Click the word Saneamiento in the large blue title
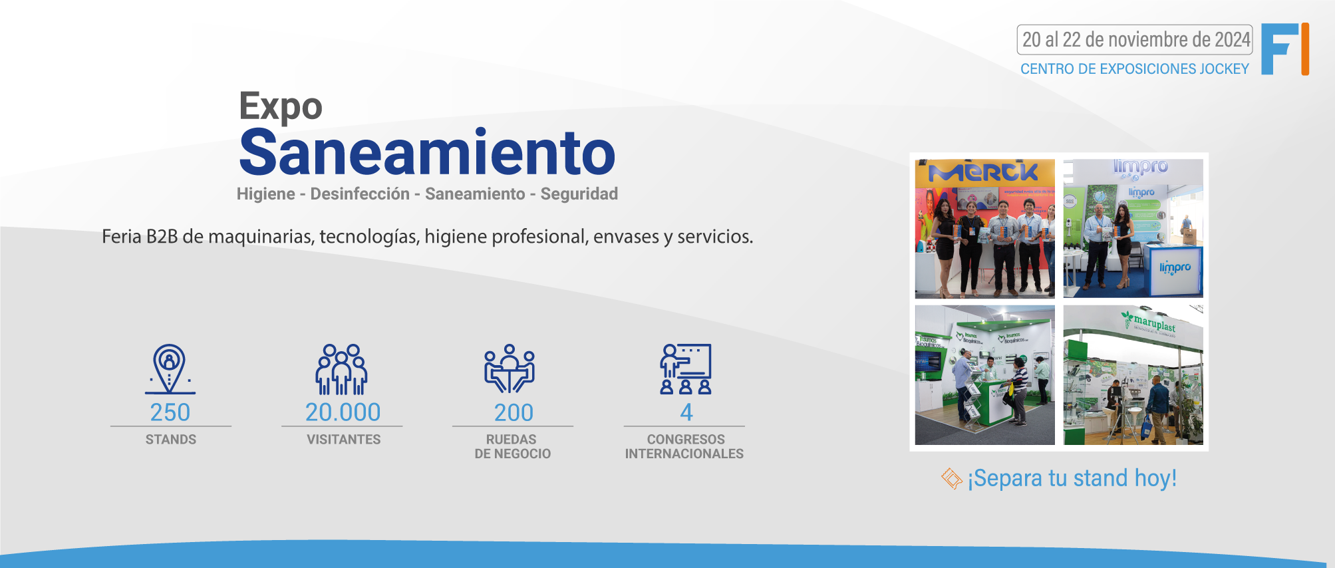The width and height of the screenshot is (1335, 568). coord(427,153)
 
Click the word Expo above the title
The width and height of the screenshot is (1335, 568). coord(281,106)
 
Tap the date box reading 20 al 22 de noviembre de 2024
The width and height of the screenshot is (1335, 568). coord(1135,40)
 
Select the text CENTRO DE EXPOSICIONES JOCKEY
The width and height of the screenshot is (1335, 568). coord(1134,69)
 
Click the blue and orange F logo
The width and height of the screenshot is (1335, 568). coord(1284,49)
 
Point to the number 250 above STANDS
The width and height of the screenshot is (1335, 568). coord(170,412)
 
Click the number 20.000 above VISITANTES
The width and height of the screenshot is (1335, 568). coord(343,412)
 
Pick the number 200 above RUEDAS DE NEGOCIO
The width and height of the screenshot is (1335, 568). coord(514,412)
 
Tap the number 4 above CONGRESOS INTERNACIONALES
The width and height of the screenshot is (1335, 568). coord(686,412)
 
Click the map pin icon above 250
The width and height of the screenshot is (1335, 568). coord(170,368)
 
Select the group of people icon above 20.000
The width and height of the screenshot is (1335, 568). coord(341,369)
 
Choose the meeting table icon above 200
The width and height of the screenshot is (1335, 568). coord(510,368)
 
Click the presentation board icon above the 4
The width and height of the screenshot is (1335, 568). coord(686,368)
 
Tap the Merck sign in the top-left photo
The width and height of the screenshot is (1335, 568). coord(983,174)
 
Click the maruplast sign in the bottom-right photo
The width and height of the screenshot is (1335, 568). coord(1153,323)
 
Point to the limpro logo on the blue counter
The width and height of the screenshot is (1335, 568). coord(1175,267)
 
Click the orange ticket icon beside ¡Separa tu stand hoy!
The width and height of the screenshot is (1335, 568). coord(952,478)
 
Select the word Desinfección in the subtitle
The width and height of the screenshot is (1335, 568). coord(360,194)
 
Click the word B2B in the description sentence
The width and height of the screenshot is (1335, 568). coord(162,237)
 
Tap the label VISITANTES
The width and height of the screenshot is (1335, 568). coord(343,440)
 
